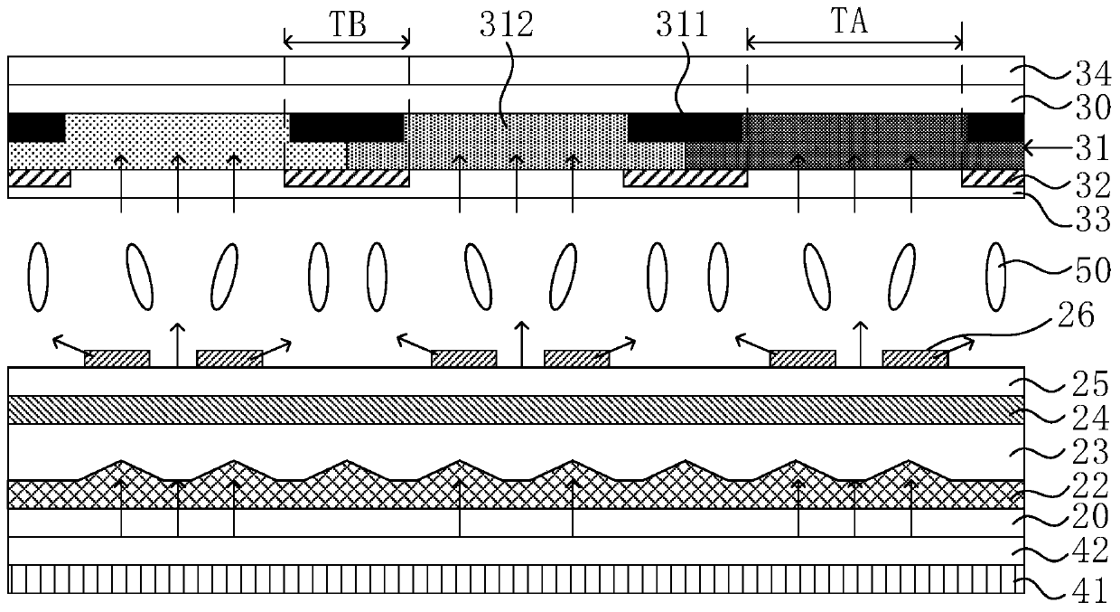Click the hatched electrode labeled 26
915,358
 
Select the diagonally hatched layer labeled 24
515,410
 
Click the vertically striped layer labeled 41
515,580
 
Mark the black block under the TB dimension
347,127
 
